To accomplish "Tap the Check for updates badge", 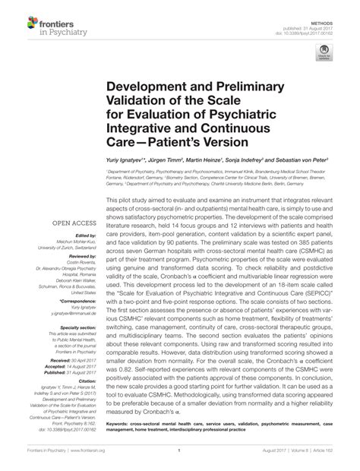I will [x=326, y=53].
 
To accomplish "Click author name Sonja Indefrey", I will [x=242, y=162].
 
